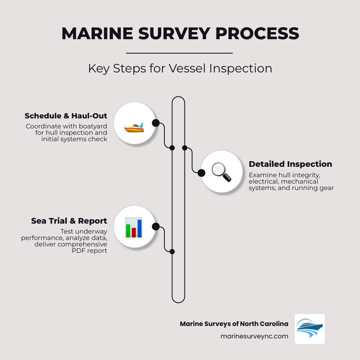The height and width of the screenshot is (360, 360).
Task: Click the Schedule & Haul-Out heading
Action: tap(66, 116)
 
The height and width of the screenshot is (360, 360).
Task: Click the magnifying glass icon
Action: tap(221, 172)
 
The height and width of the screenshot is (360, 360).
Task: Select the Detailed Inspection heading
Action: tap(290, 164)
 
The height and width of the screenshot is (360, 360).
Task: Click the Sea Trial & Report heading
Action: tap(69, 221)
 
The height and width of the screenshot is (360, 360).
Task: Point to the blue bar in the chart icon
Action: tap(140, 228)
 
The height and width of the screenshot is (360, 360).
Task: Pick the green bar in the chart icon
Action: tap(128, 230)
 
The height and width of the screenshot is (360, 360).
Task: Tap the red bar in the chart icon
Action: tap(134, 232)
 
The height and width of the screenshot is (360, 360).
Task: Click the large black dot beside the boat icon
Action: tap(156, 123)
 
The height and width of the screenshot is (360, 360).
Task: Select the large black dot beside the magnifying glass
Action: tap(202, 173)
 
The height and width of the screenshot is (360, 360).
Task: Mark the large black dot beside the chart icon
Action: tap(156, 227)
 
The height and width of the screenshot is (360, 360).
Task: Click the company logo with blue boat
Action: tap(310, 329)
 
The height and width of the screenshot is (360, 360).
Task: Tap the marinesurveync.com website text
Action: tap(254, 336)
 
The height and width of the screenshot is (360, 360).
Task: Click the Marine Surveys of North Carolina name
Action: tap(234, 324)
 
